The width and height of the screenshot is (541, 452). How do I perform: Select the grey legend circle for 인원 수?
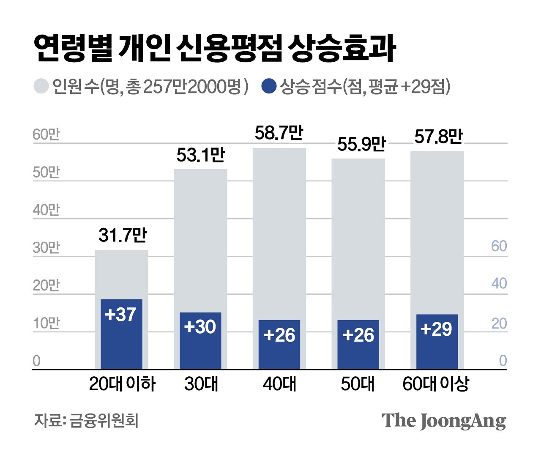pyautogui.click(x=41, y=86)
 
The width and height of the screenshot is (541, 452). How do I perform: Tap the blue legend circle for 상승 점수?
pyautogui.click(x=269, y=86)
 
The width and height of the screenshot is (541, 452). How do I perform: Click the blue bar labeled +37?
pyautogui.click(x=121, y=334)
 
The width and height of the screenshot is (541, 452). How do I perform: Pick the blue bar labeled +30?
pyautogui.click(x=200, y=341)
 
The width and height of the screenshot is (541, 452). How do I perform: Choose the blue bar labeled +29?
pyautogui.click(x=437, y=342)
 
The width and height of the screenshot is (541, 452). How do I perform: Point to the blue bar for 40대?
pyautogui.click(x=279, y=345)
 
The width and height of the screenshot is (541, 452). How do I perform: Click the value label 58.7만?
pyautogui.click(x=279, y=133)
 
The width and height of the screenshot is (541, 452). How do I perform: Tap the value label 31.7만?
pyautogui.click(x=122, y=235)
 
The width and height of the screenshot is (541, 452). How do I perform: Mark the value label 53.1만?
pyautogui.click(x=201, y=155)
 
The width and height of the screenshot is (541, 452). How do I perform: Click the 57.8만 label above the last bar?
pyautogui.click(x=438, y=137)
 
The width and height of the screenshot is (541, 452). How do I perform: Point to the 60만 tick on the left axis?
pyautogui.click(x=46, y=135)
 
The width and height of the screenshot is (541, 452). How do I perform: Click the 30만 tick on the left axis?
pyautogui.click(x=46, y=248)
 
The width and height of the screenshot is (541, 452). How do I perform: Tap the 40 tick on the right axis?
pyautogui.click(x=499, y=283)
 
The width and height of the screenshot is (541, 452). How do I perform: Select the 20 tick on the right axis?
pyautogui.click(x=499, y=323)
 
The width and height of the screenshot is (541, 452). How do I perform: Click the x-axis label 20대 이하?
pyautogui.click(x=122, y=384)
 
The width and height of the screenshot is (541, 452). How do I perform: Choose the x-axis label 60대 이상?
pyautogui.click(x=436, y=384)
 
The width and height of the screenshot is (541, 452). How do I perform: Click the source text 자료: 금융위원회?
pyautogui.click(x=86, y=420)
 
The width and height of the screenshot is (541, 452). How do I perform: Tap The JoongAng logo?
pyautogui.click(x=443, y=421)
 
